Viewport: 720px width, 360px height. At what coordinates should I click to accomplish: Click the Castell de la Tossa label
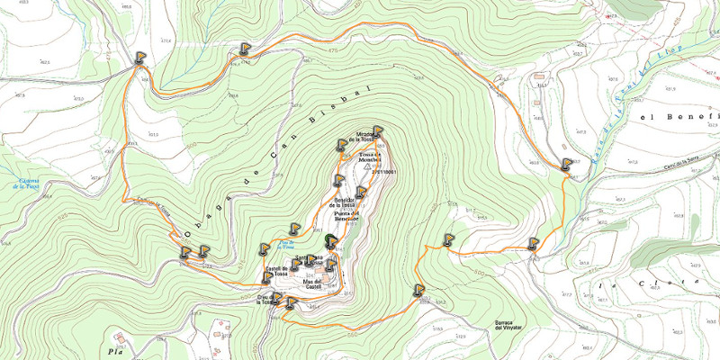275,272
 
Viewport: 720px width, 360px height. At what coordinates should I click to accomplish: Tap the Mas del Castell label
312,283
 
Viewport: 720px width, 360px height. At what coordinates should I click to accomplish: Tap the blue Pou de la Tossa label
289,243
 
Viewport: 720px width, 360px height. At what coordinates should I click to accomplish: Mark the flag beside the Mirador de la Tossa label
378,131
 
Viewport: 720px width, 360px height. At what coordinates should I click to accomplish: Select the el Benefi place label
679,117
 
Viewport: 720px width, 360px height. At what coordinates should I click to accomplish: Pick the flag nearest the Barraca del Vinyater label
419,290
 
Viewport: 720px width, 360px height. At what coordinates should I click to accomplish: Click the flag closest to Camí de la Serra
566,164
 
